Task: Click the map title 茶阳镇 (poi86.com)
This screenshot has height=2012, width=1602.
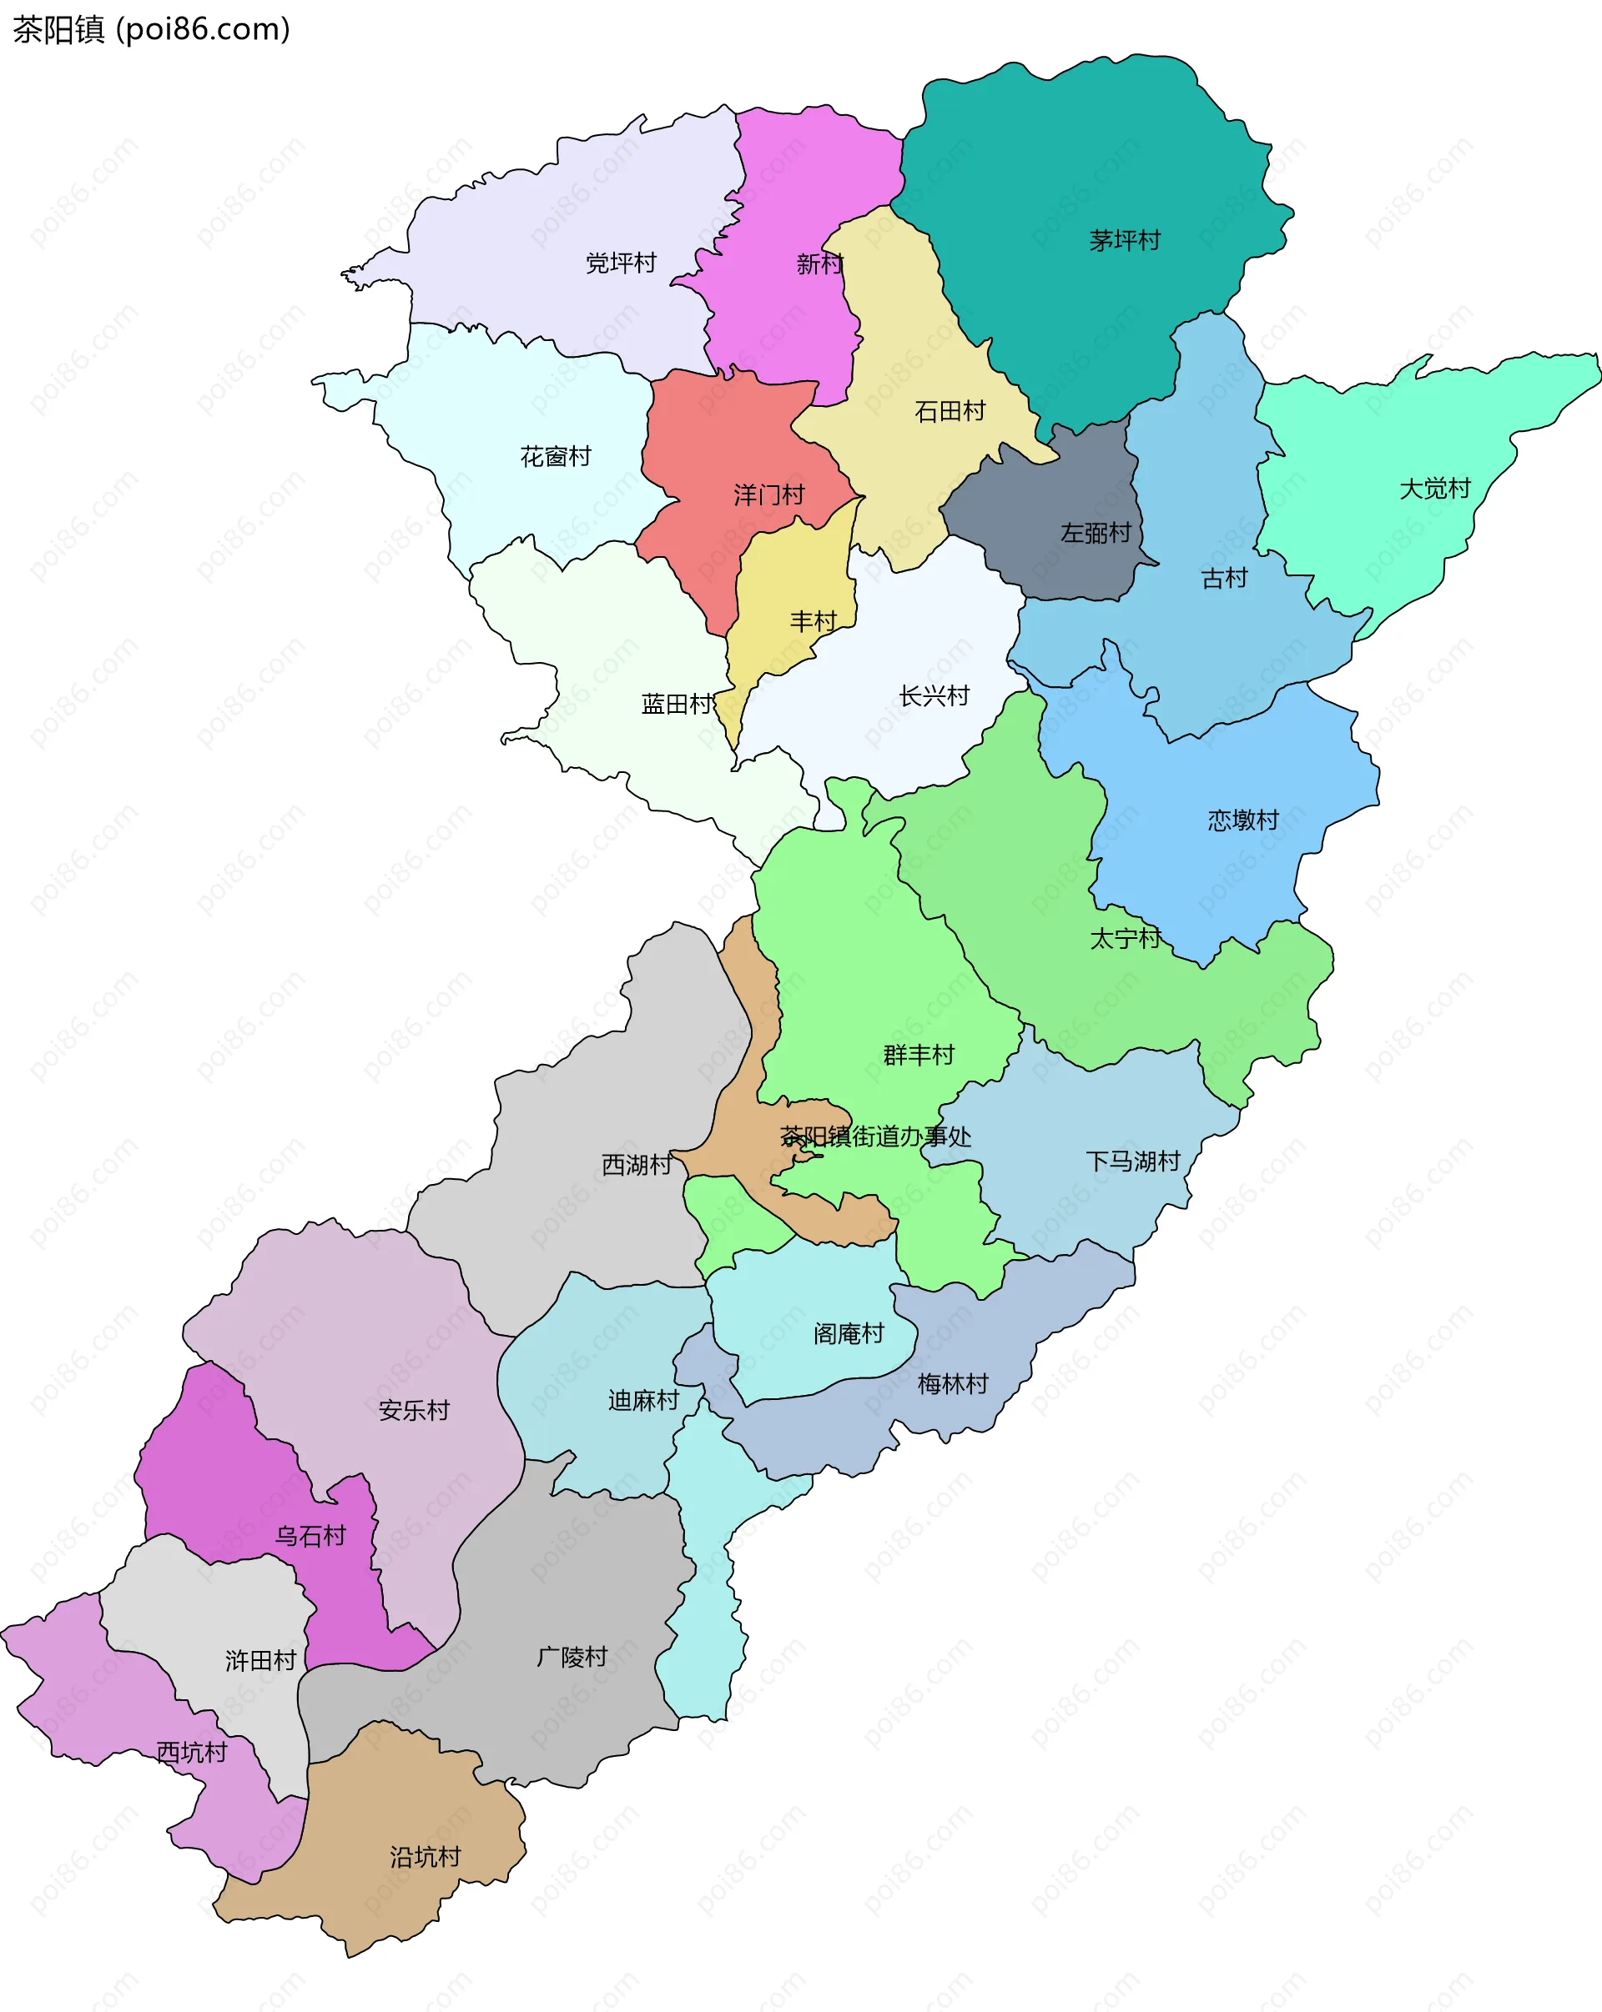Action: click(151, 30)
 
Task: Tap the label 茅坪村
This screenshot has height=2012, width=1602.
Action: click(1124, 241)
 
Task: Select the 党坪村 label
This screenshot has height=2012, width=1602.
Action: click(621, 263)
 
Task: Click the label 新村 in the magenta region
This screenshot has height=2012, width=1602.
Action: click(819, 265)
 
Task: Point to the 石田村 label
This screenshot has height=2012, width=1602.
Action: click(950, 412)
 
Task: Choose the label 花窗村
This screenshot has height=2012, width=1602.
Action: click(556, 457)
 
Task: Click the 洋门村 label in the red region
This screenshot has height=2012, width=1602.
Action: click(768, 495)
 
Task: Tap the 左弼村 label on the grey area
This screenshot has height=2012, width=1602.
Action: click(1095, 534)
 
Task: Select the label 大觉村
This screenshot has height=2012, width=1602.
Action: click(1434, 489)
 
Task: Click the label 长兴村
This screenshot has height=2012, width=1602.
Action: click(934, 696)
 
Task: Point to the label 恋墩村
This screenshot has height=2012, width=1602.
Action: click(1242, 821)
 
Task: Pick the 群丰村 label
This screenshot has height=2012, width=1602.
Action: click(919, 1056)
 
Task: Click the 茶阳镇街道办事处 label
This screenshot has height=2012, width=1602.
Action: click(876, 1136)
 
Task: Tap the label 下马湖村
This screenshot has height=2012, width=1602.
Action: click(1132, 1162)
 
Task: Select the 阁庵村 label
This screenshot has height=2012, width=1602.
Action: click(848, 1333)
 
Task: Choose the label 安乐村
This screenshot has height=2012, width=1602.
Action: click(414, 1410)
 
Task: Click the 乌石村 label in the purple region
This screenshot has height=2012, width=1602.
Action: click(310, 1536)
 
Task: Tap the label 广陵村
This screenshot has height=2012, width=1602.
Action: click(572, 1657)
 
